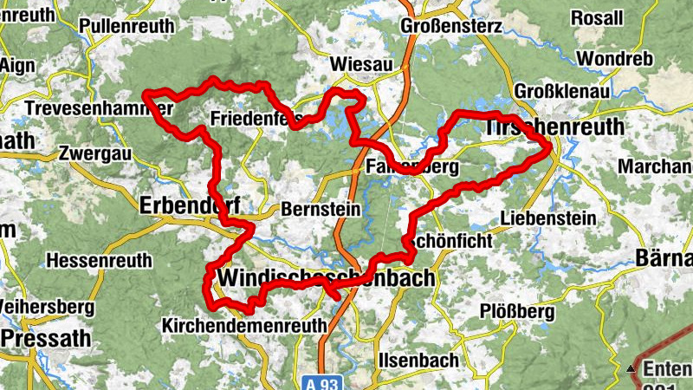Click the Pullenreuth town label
[126, 27]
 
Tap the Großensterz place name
[450, 26]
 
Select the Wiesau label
[362, 64]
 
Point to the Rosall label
[597, 17]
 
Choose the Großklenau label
[557, 91]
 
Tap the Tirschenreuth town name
[555, 127]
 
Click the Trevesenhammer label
[100, 108]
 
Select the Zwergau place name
[94, 153]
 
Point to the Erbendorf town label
[188, 205]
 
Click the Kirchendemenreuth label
[244, 325]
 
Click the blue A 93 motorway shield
[328, 382]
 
